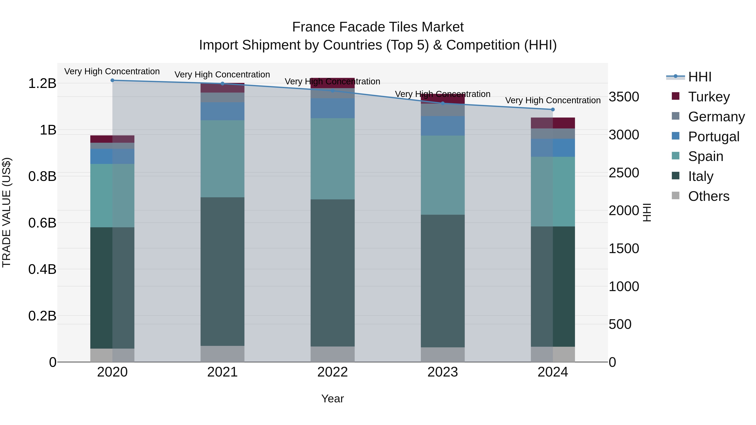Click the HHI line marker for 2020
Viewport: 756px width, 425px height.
tap(112, 80)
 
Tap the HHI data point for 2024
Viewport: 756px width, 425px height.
tap(553, 109)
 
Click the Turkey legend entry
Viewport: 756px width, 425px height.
tap(709, 97)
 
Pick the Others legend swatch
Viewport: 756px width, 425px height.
tap(675, 196)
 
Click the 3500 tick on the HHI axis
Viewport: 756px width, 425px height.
tap(624, 97)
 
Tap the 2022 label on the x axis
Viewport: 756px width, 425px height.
tap(332, 372)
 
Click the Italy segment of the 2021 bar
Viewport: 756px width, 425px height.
tap(222, 271)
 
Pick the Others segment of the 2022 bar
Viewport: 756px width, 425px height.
tap(332, 354)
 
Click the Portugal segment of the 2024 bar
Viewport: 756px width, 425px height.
tap(553, 148)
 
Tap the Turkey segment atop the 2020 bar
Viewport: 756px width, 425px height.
tap(112, 139)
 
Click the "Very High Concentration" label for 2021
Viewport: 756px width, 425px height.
tap(222, 75)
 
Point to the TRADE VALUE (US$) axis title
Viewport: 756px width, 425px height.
tap(7, 212)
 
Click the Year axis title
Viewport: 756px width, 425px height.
tap(332, 399)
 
